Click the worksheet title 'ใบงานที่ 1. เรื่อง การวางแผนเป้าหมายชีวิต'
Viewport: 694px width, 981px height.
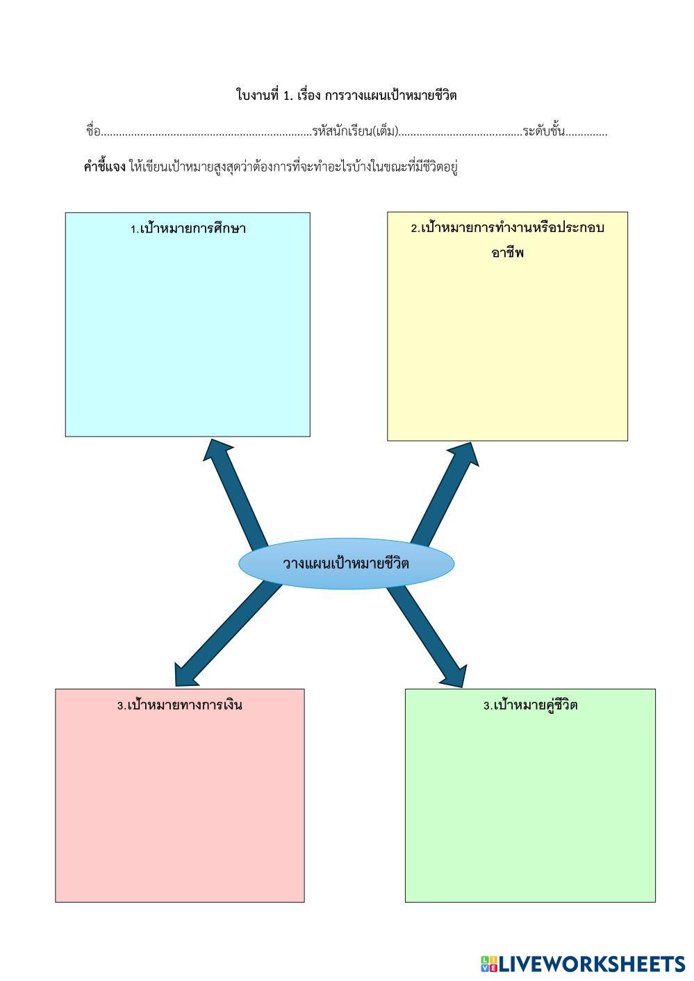[346, 95]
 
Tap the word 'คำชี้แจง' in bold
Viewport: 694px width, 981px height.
[104, 167]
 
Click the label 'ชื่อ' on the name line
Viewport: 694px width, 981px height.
[93, 131]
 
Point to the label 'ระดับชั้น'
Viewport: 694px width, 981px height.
[544, 131]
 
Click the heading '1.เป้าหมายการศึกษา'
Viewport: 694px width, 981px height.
[188, 228]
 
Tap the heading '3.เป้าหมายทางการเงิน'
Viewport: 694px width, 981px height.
[179, 705]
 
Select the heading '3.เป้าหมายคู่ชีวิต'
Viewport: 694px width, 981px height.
[530, 705]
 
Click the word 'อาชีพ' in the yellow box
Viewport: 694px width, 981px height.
[507, 253]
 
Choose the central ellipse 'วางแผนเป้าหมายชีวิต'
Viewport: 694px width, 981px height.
[346, 563]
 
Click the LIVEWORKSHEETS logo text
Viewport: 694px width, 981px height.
[592, 964]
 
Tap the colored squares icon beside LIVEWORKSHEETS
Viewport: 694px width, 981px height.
[488, 964]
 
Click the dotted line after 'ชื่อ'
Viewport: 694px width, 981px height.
[206, 133]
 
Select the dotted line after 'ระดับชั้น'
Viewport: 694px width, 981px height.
[586, 133]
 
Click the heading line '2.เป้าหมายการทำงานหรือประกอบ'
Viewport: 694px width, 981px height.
[507, 228]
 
